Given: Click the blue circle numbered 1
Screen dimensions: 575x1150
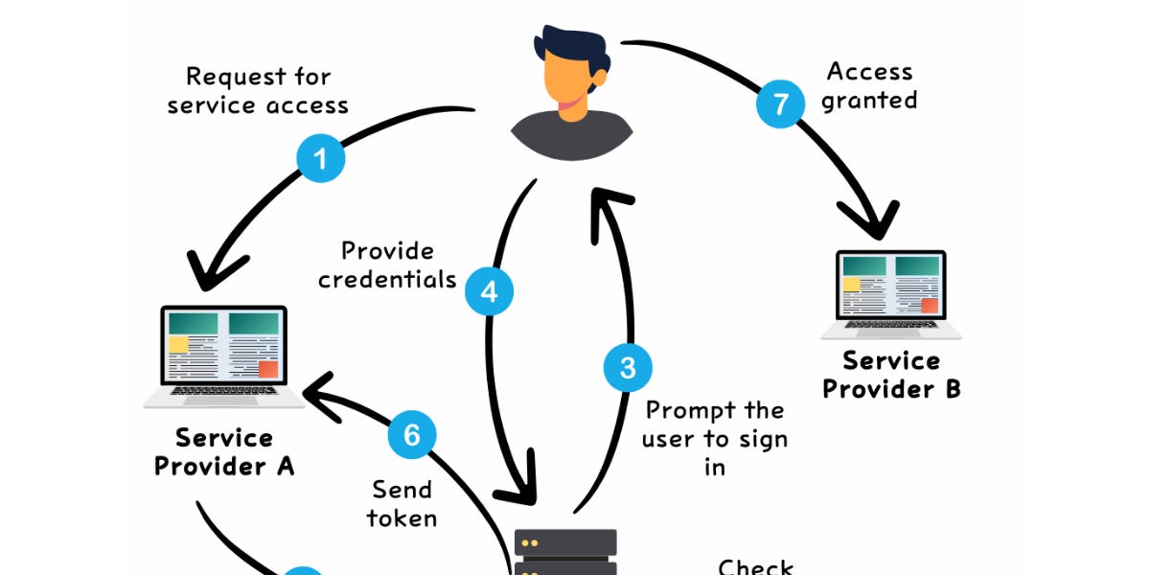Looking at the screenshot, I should pyautogui.click(x=321, y=158).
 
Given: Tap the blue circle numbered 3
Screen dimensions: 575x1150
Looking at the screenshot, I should pyautogui.click(x=628, y=368).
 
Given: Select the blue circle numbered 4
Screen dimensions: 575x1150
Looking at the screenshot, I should pyautogui.click(x=490, y=291).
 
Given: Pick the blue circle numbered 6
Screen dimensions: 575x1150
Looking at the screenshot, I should pyautogui.click(x=412, y=435).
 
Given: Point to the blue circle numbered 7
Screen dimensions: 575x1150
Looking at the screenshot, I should pyautogui.click(x=781, y=103).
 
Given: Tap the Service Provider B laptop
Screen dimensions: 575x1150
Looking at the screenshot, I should pyautogui.click(x=891, y=294).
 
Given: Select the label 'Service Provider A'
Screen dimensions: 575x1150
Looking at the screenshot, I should pyautogui.click(x=224, y=452).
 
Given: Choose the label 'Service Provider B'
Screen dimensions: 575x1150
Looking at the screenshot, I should pyautogui.click(x=891, y=375).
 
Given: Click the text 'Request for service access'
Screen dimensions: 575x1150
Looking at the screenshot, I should pyautogui.click(x=258, y=90).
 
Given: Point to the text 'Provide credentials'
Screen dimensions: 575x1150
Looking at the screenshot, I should pyautogui.click(x=387, y=264).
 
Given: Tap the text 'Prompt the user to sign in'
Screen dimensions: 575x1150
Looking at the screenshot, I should pyautogui.click(x=715, y=438).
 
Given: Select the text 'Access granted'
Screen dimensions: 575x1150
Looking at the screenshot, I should pyautogui.click(x=869, y=85).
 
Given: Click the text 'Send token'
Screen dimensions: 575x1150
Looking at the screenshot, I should pyautogui.click(x=402, y=503).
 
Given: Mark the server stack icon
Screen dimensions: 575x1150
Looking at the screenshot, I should pyautogui.click(x=565, y=553).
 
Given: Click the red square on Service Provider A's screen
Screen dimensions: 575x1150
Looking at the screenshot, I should pyautogui.click(x=268, y=369).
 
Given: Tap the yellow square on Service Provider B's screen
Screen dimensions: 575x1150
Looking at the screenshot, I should pyautogui.click(x=851, y=285).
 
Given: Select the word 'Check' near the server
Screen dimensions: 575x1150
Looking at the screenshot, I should pyautogui.click(x=756, y=566).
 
